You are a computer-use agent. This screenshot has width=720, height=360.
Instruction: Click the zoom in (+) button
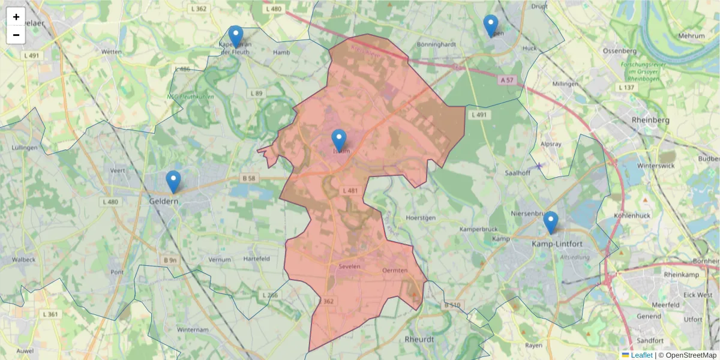[x=16, y=17]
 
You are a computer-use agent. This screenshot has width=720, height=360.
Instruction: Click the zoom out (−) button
[x=16, y=35]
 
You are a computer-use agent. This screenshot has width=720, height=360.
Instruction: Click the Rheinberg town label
[x=650, y=120]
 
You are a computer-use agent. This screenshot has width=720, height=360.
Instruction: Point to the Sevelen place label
[x=349, y=265]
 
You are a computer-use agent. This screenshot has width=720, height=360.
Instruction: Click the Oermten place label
[x=395, y=271]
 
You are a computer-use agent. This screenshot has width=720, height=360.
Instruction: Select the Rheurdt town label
[x=419, y=339]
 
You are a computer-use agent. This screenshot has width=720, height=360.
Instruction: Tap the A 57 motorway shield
[x=508, y=79]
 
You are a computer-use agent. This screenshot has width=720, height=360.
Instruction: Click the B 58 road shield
[x=249, y=178]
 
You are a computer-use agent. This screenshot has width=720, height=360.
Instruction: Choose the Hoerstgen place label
[x=419, y=218]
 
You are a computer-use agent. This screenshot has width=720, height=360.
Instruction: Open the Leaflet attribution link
[x=641, y=355]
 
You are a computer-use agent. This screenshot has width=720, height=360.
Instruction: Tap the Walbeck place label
[x=23, y=260]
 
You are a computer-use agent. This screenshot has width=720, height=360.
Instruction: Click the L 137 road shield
[x=626, y=88]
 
